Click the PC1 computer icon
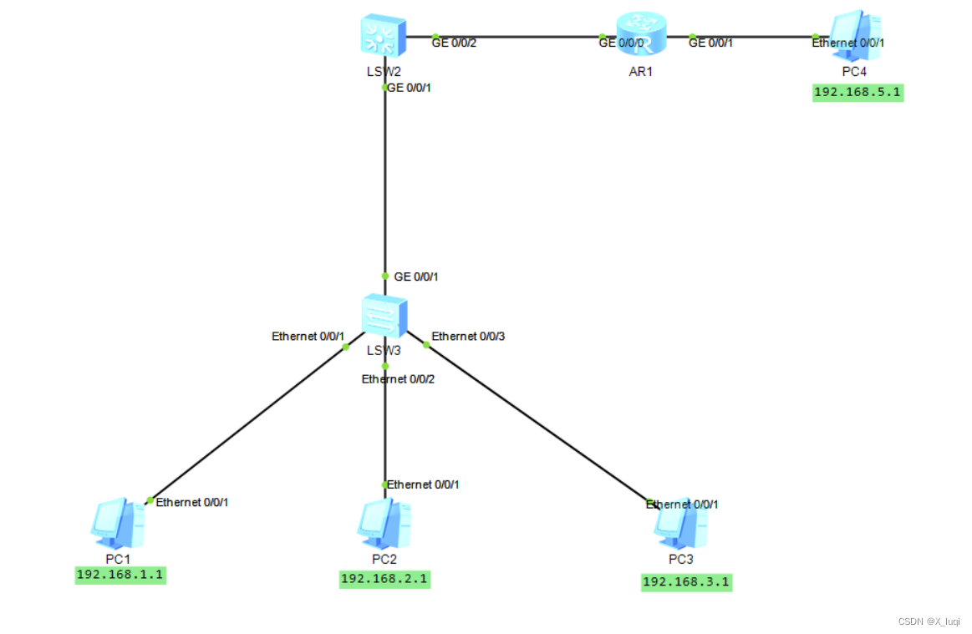117,524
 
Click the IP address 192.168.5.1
857,92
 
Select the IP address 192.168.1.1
120,575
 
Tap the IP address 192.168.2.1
384,579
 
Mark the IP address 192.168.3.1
686,582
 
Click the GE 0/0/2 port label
454,42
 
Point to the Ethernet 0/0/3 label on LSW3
468,337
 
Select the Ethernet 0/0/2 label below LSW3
398,379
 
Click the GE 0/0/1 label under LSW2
409,87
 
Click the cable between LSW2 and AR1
518,37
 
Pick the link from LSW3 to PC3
535,423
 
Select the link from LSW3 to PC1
251,423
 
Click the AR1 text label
640,72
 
